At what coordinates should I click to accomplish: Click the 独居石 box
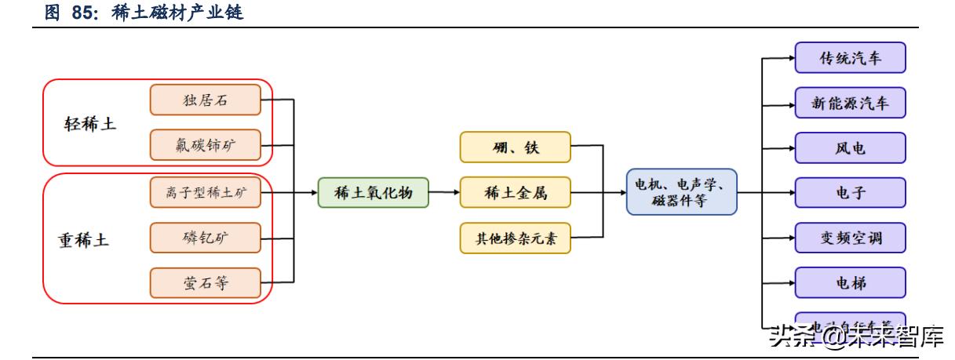click(x=205, y=100)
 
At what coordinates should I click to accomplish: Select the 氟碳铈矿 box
click(x=205, y=145)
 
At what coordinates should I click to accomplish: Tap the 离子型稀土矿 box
click(x=205, y=192)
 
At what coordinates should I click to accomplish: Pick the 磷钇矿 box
click(x=205, y=238)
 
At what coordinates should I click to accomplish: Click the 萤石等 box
click(x=205, y=283)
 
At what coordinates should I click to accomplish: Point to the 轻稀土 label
click(x=89, y=124)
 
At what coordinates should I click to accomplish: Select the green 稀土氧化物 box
click(x=373, y=192)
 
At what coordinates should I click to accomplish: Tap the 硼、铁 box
click(x=515, y=147)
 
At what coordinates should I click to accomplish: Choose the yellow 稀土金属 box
click(x=515, y=192)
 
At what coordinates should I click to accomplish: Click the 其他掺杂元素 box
click(x=515, y=238)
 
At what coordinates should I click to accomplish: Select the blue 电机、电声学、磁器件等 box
click(x=681, y=192)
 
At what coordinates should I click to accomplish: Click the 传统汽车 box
click(x=850, y=58)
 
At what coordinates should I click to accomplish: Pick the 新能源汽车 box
click(x=850, y=103)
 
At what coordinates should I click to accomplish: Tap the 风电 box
click(x=850, y=147)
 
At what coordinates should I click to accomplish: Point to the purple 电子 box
click(x=850, y=192)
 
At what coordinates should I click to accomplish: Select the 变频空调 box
click(x=850, y=237)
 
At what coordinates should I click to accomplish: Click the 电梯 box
click(x=850, y=282)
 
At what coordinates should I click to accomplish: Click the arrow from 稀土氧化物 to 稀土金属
click(x=444, y=192)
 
